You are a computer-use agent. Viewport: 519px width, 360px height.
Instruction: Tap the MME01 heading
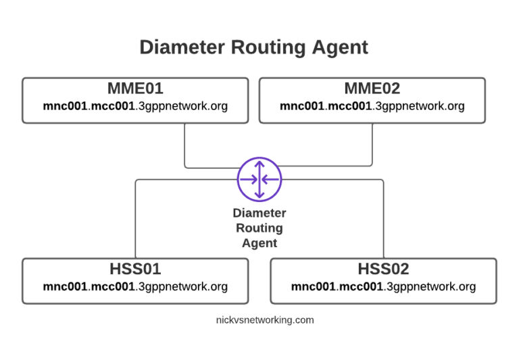point(135,88)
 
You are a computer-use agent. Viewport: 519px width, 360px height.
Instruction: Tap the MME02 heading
point(372,88)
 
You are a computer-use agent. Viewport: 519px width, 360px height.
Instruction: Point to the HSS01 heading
point(135,269)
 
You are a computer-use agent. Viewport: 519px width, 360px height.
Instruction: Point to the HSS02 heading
point(383,269)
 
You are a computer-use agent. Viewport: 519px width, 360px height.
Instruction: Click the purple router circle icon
point(259,179)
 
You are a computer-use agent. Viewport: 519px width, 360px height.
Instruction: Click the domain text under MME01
point(135,106)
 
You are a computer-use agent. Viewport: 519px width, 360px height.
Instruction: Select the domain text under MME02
point(372,106)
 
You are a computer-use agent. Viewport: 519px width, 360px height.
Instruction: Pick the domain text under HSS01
point(135,286)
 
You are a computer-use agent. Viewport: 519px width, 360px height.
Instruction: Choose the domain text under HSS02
point(383,286)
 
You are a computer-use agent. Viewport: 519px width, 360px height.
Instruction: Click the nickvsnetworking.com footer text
point(260,320)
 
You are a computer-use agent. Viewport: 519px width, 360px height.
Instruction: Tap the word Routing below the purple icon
point(259,228)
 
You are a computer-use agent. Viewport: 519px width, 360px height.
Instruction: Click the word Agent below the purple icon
point(259,243)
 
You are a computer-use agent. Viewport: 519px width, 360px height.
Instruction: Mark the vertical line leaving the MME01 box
point(185,145)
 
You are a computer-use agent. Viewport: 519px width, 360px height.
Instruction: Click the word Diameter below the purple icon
point(259,213)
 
